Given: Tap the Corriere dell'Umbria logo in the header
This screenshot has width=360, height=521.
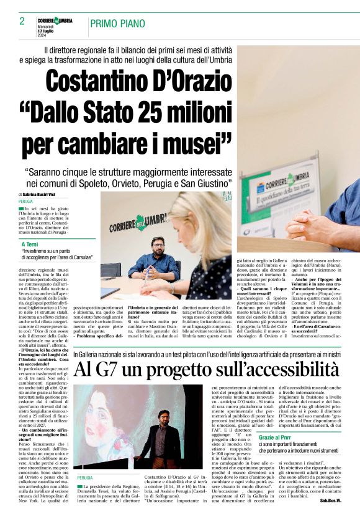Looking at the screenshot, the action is [x=55, y=20].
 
